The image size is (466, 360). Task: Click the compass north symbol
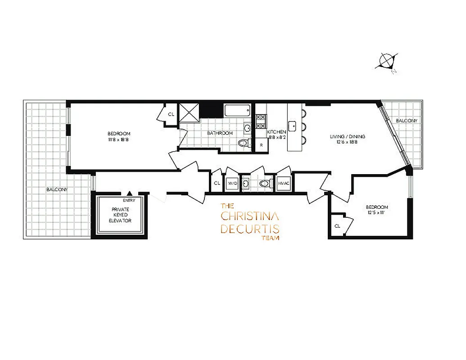[386, 61]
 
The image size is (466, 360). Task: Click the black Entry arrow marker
[129, 193]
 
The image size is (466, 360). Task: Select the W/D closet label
[232, 184]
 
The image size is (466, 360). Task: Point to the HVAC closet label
[283, 184]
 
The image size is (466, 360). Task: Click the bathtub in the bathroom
[237, 111]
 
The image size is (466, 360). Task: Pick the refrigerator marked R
[261, 146]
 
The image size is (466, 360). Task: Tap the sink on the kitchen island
[293, 125]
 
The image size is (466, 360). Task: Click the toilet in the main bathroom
[244, 144]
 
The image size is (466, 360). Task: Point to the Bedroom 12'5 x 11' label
[377, 210]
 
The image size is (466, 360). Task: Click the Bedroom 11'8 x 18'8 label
[119, 136]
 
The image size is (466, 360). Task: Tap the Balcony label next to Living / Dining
[406, 121]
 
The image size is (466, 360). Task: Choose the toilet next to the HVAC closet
[265, 184]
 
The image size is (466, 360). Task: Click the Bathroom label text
[220, 133]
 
